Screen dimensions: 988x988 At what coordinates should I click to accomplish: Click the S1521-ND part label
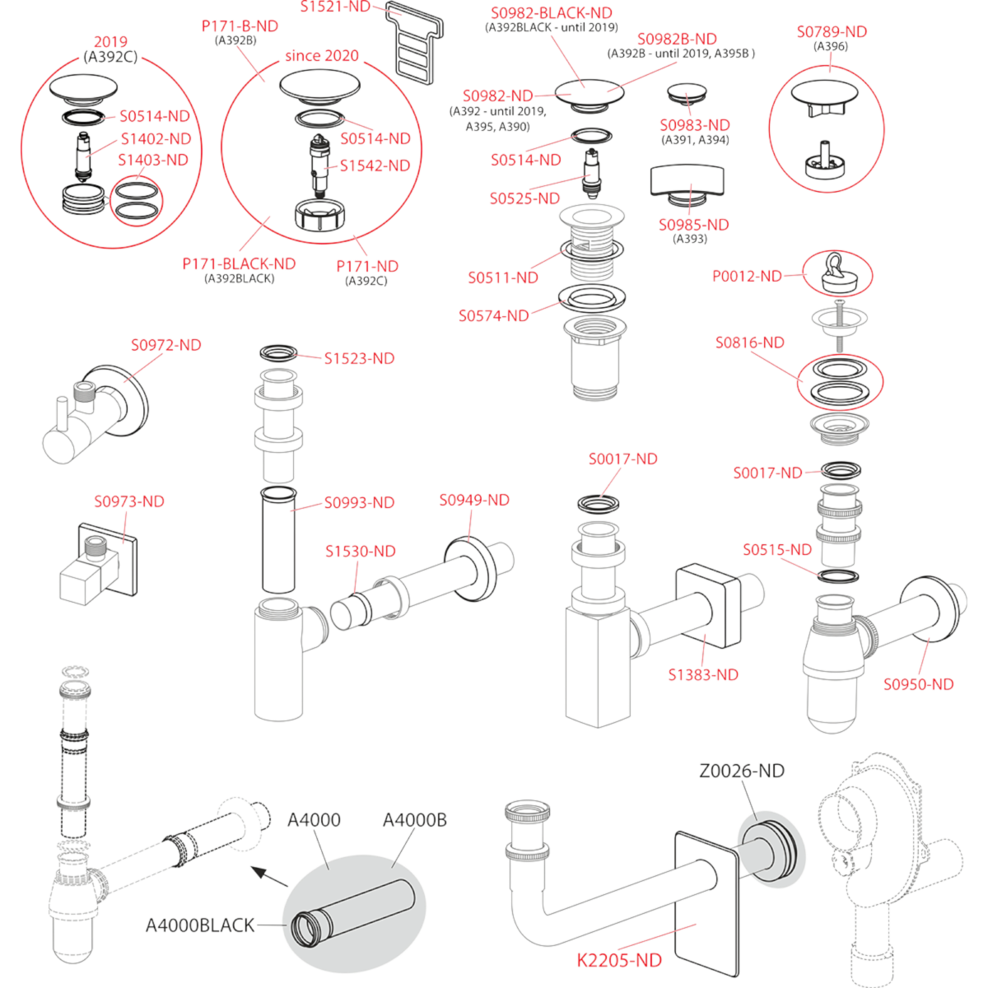click(x=335, y=7)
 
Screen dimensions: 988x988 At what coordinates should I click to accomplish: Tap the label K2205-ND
click(x=619, y=960)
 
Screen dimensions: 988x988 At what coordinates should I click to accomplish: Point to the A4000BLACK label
click(x=200, y=925)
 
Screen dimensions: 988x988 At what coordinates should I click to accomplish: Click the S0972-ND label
click(x=166, y=345)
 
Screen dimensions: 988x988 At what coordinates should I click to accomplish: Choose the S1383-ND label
click(x=703, y=675)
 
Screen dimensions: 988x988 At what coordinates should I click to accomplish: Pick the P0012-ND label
click(x=747, y=277)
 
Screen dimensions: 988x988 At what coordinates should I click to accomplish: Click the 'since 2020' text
click(x=322, y=55)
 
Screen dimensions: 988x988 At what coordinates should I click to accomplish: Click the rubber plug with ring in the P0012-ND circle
click(x=837, y=274)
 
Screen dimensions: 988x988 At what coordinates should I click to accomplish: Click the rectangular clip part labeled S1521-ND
click(x=414, y=42)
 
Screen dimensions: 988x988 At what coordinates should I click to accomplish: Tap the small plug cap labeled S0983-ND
click(x=687, y=95)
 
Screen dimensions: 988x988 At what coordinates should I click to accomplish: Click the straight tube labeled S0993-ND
click(x=278, y=540)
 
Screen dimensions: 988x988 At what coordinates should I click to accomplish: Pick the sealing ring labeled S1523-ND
click(x=278, y=352)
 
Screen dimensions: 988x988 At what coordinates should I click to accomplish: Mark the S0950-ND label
click(x=918, y=684)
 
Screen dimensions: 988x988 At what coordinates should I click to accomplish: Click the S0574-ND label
click(x=494, y=316)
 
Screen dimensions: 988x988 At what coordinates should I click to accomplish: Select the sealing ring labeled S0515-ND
click(x=838, y=576)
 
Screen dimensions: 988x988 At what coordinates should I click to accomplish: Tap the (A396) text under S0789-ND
click(x=831, y=47)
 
